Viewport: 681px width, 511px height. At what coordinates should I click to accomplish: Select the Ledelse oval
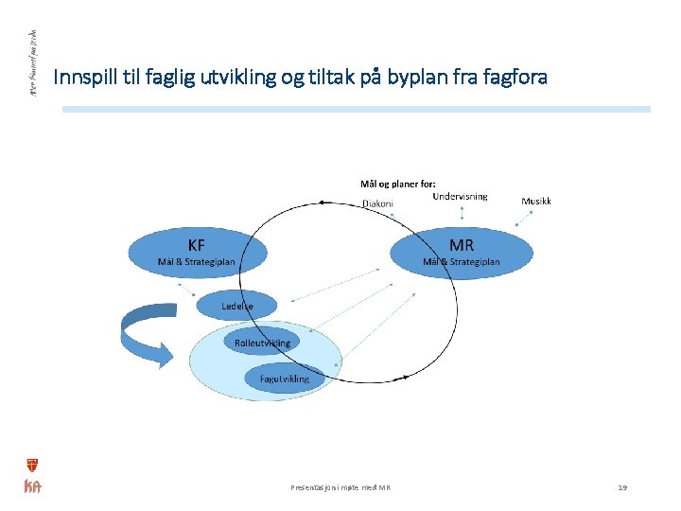click(237, 306)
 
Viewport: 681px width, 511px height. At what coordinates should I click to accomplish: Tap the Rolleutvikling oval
click(262, 343)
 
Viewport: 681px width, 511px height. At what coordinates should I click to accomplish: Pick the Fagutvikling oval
click(284, 379)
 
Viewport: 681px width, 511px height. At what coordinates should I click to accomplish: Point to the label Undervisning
click(460, 197)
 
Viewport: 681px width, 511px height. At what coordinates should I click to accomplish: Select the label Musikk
click(536, 201)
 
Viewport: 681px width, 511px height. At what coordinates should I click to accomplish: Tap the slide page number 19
click(622, 487)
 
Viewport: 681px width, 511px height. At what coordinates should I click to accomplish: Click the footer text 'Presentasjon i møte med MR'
click(340, 487)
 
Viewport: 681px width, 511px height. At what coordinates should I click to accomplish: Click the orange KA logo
click(32, 486)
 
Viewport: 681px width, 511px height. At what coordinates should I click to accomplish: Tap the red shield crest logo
click(32, 465)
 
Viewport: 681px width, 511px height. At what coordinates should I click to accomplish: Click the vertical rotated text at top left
click(32, 62)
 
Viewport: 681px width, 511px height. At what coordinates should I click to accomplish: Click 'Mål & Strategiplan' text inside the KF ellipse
click(197, 261)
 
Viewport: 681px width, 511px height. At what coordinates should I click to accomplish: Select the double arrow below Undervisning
click(461, 215)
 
